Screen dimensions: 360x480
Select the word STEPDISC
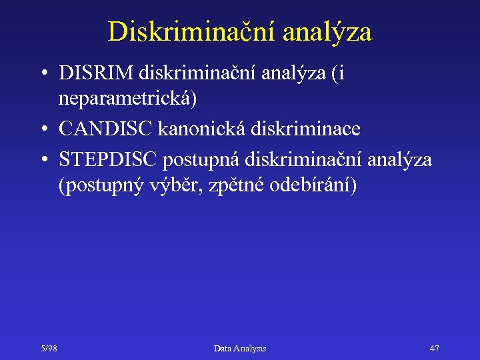pyautogui.click(x=107, y=159)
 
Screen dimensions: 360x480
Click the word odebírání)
pyautogui.click(x=313, y=185)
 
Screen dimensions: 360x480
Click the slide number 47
pyautogui.click(x=434, y=348)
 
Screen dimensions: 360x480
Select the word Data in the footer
pyautogui.click(x=223, y=348)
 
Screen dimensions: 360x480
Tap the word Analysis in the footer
pyautogui.click(x=250, y=348)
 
